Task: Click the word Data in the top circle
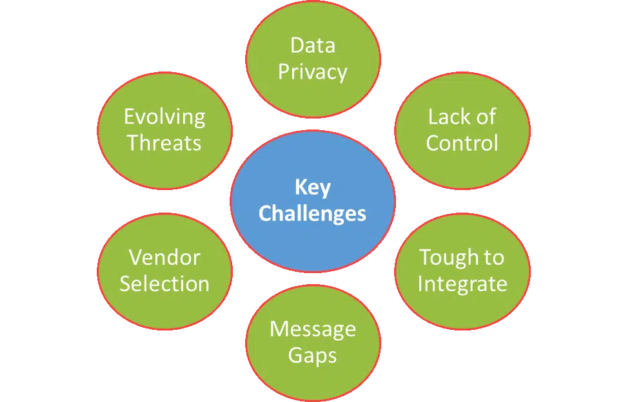coord(312,46)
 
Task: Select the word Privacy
coord(312,72)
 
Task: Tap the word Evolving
coord(164,117)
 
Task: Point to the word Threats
coord(164,142)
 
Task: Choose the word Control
coord(462,142)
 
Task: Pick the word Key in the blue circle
coord(312,187)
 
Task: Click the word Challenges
coord(312,213)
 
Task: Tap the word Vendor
coord(164,257)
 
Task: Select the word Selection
coord(164,283)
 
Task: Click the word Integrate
coord(462,283)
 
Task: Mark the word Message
coord(312,329)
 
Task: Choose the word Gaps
coord(312,355)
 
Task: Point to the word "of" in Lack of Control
coord(484,117)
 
